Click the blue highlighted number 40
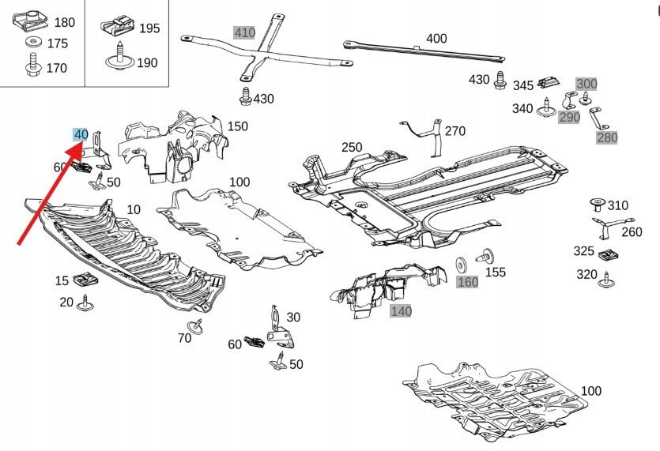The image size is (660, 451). click(81, 135)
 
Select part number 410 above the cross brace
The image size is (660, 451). click(245, 33)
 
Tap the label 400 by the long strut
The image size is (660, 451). click(436, 38)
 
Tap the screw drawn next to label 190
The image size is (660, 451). click(118, 58)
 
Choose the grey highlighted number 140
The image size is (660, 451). click(402, 311)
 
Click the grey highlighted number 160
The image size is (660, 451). click(468, 282)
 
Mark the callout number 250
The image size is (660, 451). click(352, 147)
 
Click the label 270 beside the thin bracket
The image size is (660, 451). click(455, 131)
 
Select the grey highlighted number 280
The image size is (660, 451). click(607, 138)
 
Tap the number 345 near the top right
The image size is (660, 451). click(523, 85)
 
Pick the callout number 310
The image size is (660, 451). click(617, 206)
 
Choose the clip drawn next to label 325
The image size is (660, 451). click(608, 255)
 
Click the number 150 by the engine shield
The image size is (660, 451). click(238, 126)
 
